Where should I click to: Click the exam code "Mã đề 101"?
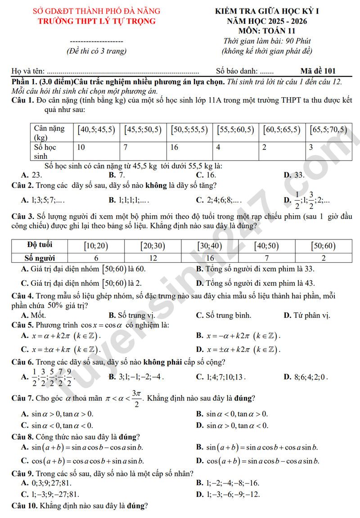318,71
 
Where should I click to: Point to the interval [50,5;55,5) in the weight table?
189,130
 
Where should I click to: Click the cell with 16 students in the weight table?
175,147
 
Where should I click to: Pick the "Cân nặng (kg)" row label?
49,132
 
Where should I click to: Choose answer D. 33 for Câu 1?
294,175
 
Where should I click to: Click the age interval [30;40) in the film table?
210,246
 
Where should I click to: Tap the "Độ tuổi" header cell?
40,245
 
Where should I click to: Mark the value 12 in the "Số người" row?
153,258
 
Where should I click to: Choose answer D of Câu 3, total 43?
255,283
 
